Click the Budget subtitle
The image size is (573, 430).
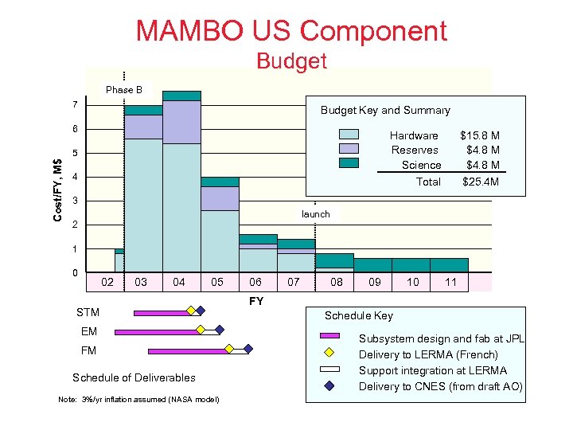(291, 61)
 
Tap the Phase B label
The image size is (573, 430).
(124, 90)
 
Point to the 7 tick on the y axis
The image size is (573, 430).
(74, 105)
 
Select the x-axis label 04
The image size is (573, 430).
(178, 282)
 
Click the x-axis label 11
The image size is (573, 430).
(450, 282)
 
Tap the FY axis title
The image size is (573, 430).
(256, 301)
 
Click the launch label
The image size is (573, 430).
(315, 214)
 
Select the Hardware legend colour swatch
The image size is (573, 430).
(349, 135)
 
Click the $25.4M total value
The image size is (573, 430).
(481, 182)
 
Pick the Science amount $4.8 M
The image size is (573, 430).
(482, 165)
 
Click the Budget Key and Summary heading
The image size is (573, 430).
(385, 111)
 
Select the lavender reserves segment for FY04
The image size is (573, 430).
(181, 122)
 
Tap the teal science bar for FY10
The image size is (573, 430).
(411, 265)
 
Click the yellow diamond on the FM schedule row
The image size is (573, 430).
(229, 348)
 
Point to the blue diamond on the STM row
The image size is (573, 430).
(201, 311)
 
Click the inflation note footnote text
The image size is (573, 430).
(139, 398)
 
